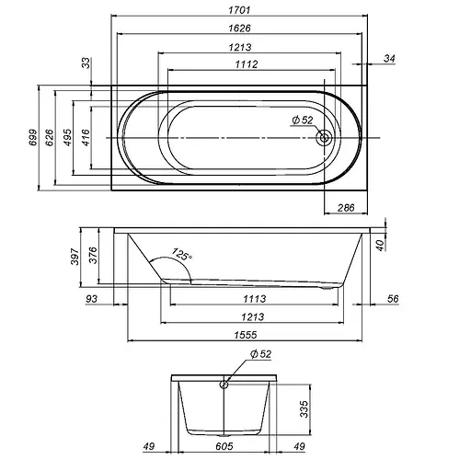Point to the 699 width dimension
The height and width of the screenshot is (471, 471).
coord(32,138)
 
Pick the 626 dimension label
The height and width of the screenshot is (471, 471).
coord(51,138)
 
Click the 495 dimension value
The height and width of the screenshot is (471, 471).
coord(67,138)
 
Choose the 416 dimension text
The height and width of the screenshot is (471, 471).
coord(85,138)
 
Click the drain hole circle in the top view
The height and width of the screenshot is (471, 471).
coord(325,138)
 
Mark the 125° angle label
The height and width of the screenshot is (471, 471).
coord(181,254)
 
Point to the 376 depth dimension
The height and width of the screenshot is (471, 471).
coord(93,254)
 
